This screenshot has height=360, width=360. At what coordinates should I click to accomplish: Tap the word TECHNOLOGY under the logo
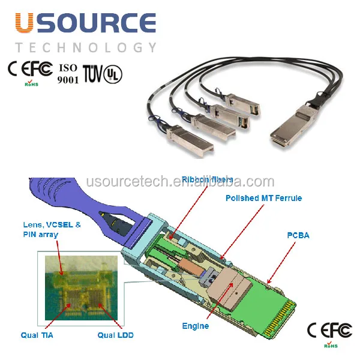pos(86,47)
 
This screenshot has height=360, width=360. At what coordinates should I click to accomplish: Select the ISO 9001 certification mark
pos(68,73)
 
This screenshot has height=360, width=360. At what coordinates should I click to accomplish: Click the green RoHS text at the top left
pos(31,85)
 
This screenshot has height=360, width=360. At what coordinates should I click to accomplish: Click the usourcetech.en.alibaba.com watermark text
pos(180,182)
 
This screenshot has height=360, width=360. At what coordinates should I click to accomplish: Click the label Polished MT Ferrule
pos(263,198)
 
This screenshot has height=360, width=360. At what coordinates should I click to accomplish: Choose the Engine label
pos(195,326)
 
